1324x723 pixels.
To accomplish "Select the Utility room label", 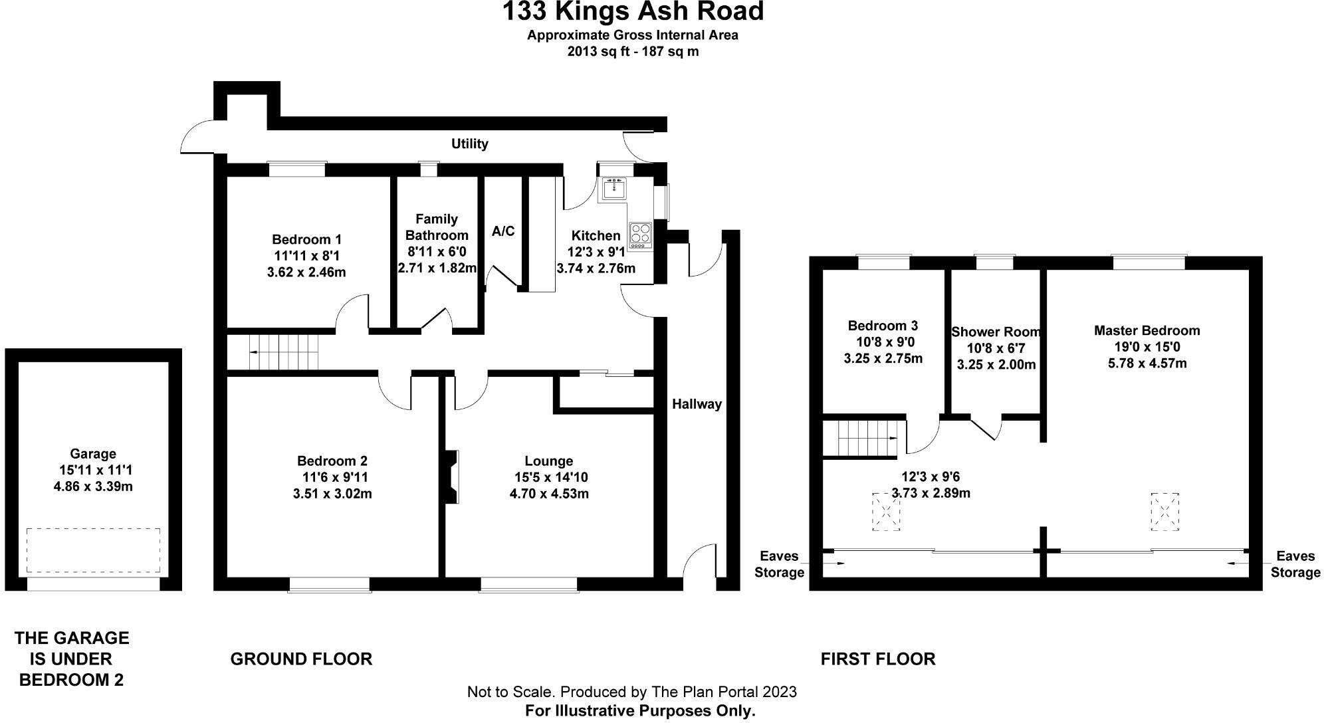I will (x=469, y=144).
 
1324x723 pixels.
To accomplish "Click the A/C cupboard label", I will (x=503, y=231).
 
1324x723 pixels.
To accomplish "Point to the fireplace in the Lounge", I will (x=452, y=476).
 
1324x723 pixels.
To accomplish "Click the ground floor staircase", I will (x=284, y=352).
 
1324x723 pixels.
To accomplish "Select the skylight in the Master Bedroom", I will (x=1164, y=511).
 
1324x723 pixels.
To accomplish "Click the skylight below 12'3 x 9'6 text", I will (x=885, y=512).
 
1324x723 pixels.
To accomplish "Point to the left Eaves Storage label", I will (x=779, y=564).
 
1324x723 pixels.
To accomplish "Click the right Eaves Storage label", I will (x=1295, y=564).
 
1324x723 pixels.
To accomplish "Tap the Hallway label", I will (x=696, y=404).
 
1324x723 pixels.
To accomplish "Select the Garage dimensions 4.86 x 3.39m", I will (x=93, y=486).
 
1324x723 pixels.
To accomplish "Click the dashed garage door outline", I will (x=93, y=550).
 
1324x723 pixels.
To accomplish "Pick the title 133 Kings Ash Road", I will (x=632, y=12).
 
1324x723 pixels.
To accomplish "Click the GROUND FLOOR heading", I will (x=301, y=659).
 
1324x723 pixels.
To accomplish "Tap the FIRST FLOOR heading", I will (x=877, y=659).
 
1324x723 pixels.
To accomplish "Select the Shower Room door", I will (x=986, y=427).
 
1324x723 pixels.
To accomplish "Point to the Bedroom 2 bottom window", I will (x=330, y=585).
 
